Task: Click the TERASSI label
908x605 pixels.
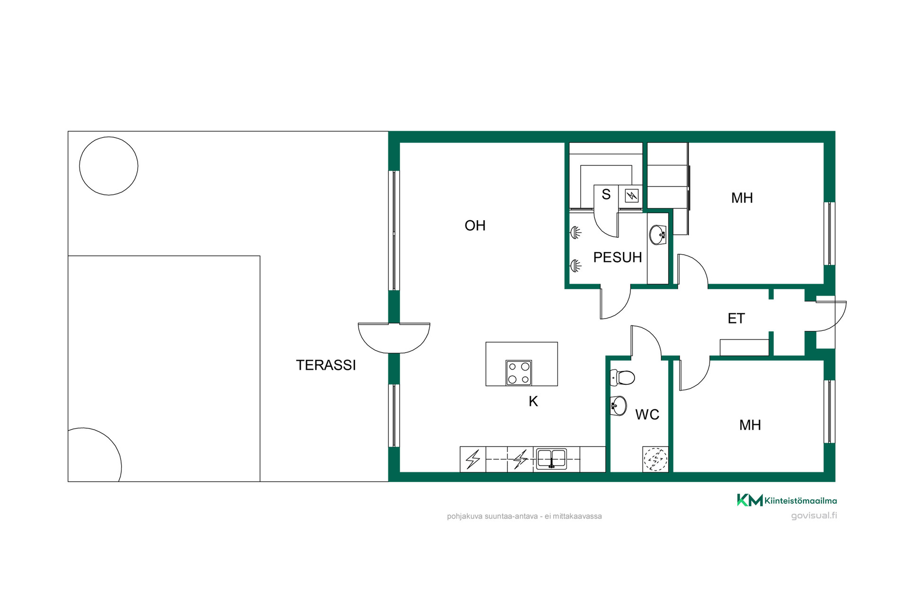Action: click(x=326, y=365)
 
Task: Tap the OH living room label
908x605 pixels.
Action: click(x=475, y=225)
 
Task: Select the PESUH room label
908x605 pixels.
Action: click(x=617, y=257)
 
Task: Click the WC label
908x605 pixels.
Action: click(x=647, y=415)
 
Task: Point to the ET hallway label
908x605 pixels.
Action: click(x=736, y=319)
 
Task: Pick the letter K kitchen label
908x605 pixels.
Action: click(x=533, y=401)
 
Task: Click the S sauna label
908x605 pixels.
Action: click(x=606, y=194)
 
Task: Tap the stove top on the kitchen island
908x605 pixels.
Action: click(x=519, y=372)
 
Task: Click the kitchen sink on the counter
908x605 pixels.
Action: click(x=551, y=459)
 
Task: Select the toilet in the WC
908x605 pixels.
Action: click(x=622, y=377)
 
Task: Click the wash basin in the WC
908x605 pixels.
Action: click(x=619, y=406)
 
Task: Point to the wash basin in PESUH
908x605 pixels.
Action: click(x=657, y=235)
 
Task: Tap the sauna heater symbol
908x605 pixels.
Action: click(x=632, y=195)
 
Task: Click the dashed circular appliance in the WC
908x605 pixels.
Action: click(x=655, y=459)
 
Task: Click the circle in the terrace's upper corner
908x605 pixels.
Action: click(x=109, y=166)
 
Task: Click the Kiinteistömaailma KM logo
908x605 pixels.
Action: click(x=787, y=500)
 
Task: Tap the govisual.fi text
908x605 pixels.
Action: click(x=814, y=516)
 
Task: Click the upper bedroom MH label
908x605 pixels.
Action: click(x=742, y=198)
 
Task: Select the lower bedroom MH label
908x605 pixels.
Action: click(x=750, y=425)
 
